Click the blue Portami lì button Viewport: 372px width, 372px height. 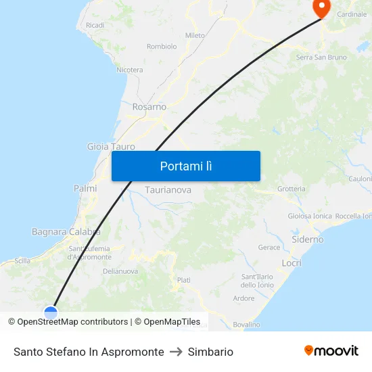tap(185, 166)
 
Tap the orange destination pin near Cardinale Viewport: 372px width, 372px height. tap(321, 7)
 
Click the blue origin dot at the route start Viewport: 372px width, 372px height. tap(51, 312)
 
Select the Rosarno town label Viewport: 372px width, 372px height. tap(149, 107)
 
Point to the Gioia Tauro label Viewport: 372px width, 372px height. tap(111, 146)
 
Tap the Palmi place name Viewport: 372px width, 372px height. tap(85, 188)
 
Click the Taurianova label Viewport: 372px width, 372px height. tap(168, 190)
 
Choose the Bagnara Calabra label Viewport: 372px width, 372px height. tap(66, 231)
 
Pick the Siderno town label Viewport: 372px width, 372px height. tap(307, 239)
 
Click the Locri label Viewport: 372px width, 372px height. tap(292, 262)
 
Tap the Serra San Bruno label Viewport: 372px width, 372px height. tap(321, 57)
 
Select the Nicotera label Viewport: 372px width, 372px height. tap(129, 70)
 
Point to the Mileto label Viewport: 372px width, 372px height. tap(195, 35)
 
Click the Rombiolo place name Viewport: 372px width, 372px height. tap(162, 47)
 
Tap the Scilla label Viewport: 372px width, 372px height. tap(22, 260)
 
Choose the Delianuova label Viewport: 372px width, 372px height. tap(120, 271)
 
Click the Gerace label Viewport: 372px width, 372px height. tap(269, 248)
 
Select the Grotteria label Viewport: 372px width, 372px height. tap(291, 189)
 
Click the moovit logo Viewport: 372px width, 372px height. tap(331, 351)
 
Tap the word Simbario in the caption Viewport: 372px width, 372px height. tap(210, 352)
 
